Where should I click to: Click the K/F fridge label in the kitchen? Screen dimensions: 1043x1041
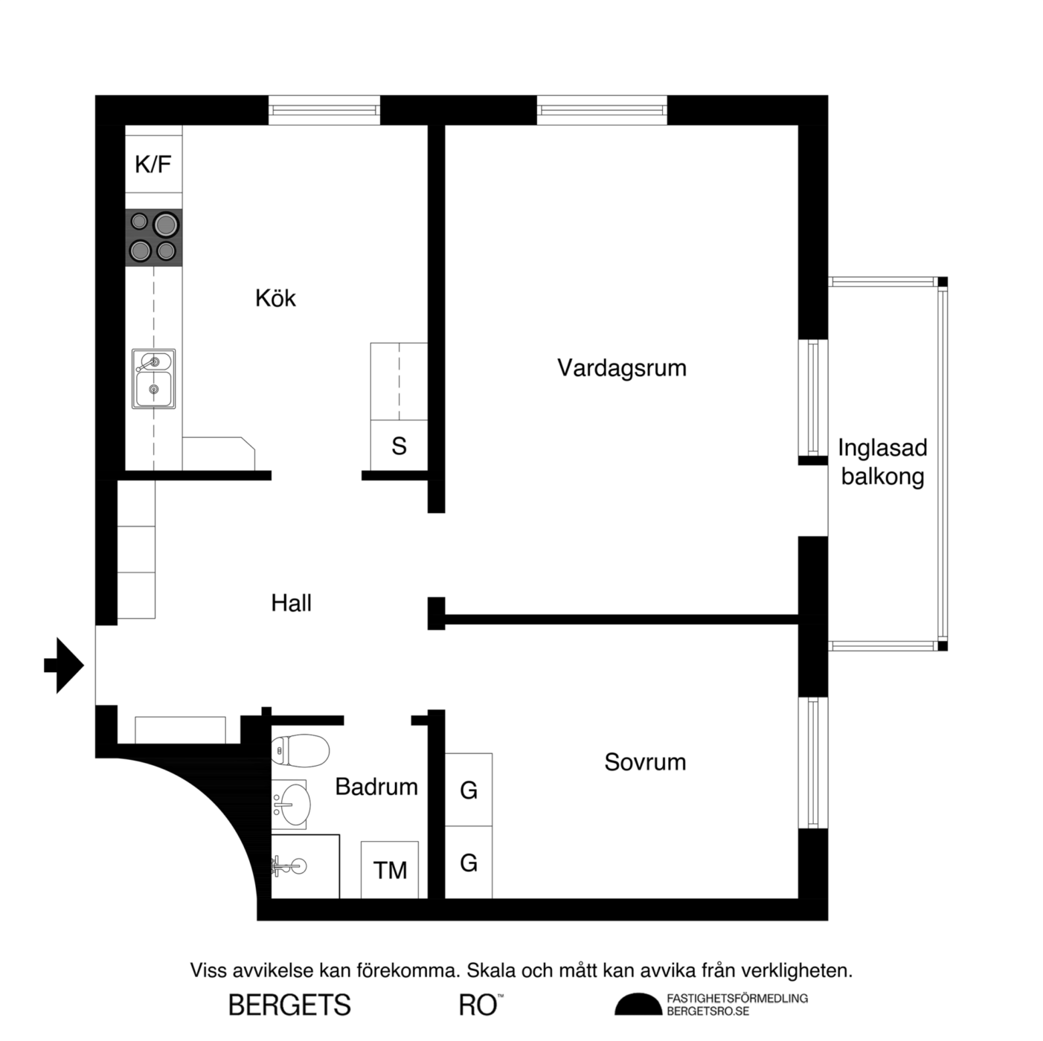(153, 164)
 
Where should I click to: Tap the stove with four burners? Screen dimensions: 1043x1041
(154, 237)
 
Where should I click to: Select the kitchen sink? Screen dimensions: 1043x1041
(154, 378)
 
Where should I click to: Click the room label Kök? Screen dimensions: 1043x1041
(275, 298)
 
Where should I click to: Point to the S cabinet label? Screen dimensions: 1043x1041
(399, 446)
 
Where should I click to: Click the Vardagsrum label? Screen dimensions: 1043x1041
(622, 368)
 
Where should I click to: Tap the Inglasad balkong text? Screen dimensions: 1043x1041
(882, 462)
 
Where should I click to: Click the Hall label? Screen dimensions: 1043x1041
(291, 603)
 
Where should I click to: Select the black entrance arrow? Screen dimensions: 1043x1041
(64, 665)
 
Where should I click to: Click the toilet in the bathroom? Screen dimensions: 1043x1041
(300, 750)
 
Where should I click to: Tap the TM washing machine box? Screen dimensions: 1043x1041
(390, 869)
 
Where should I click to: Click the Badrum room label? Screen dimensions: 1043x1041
(376, 787)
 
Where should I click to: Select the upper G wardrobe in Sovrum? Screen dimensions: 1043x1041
(469, 790)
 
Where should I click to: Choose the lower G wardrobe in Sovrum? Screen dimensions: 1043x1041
(469, 862)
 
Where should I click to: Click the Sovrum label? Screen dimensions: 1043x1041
(645, 762)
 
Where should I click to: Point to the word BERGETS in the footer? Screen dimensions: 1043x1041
(289, 1005)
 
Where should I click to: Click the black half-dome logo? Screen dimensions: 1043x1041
(638, 1005)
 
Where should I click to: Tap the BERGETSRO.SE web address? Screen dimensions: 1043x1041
(708, 1011)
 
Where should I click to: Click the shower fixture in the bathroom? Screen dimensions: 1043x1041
(290, 866)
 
